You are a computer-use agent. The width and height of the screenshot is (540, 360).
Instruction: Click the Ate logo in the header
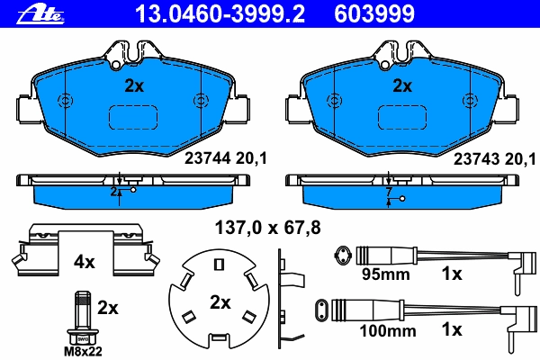pyautogui.click(x=40, y=14)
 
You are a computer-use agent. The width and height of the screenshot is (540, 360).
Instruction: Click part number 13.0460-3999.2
pyautogui.click(x=220, y=14)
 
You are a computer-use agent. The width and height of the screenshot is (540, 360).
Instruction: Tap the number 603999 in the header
pyautogui.click(x=374, y=14)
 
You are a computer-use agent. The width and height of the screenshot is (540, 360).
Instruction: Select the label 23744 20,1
pyautogui.click(x=226, y=158)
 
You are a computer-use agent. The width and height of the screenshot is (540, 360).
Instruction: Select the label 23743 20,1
pyautogui.click(x=494, y=158)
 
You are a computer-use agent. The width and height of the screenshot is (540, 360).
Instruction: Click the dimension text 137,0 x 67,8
pyautogui.click(x=267, y=228)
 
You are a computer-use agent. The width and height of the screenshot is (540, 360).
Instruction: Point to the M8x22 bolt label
pyautogui.click(x=83, y=352)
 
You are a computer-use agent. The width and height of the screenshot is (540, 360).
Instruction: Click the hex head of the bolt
pyautogui.click(x=83, y=337)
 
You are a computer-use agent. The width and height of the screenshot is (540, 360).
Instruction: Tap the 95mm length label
pyautogui.click(x=386, y=274)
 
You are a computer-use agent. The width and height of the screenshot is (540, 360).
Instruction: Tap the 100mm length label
pyautogui.click(x=388, y=331)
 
